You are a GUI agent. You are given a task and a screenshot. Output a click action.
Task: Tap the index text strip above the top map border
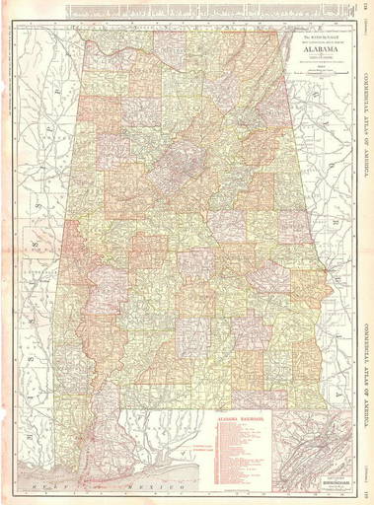coord(197,9)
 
